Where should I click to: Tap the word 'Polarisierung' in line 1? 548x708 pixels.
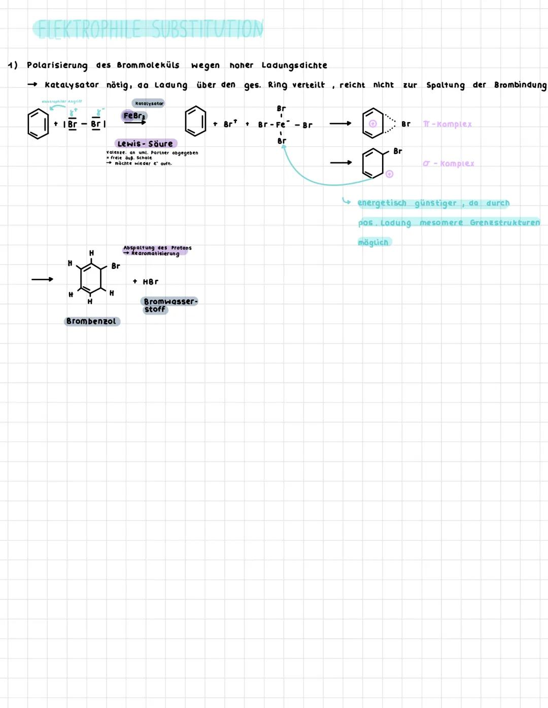click(x=57, y=65)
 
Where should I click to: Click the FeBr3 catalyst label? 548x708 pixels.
click(x=134, y=116)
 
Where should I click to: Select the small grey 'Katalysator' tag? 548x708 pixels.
click(x=149, y=104)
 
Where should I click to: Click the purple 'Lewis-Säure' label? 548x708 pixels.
click(x=146, y=144)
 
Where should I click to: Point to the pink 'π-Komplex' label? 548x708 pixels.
click(x=447, y=124)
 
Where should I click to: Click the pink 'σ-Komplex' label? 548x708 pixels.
click(x=449, y=163)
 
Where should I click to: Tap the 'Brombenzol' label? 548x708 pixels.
click(x=91, y=321)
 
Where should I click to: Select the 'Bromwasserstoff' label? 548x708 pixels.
click(x=169, y=305)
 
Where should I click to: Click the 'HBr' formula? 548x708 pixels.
click(x=150, y=282)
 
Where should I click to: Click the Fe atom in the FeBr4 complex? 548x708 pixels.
click(x=281, y=125)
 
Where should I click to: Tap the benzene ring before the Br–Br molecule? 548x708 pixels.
click(x=38, y=124)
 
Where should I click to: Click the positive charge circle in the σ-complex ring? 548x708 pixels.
click(x=389, y=174)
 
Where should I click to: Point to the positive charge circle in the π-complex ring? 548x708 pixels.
click(x=373, y=123)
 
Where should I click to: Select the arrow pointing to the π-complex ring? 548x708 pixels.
click(x=340, y=123)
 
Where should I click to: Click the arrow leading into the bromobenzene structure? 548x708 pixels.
click(x=42, y=279)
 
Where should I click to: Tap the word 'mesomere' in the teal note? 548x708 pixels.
click(x=441, y=222)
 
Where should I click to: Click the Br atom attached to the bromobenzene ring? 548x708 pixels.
click(x=116, y=266)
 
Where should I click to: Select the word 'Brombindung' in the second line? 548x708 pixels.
click(x=520, y=85)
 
